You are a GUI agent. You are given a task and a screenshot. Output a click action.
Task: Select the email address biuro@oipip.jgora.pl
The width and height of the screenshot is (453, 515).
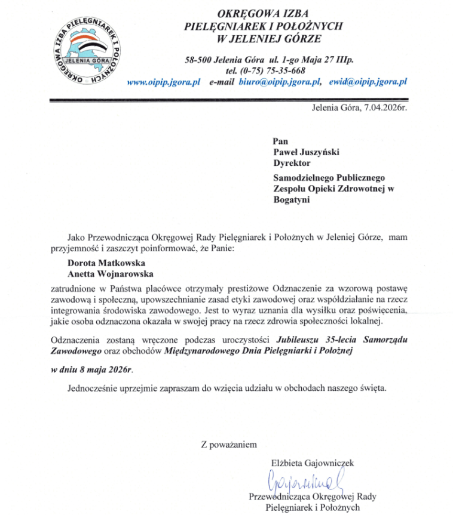[281, 82]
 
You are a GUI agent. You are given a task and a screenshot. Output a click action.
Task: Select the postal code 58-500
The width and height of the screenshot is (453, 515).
[201, 59]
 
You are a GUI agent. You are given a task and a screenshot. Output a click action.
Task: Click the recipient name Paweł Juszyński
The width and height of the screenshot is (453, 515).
[306, 152]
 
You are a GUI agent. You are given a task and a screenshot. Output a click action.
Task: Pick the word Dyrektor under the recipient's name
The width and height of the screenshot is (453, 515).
[292, 162]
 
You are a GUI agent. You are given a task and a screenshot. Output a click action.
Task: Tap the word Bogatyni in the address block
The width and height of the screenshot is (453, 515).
[292, 200]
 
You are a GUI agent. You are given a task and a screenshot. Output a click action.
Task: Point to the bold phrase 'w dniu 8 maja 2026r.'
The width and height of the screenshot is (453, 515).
[89, 369]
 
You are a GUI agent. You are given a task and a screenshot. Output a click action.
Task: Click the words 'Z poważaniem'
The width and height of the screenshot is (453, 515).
[229, 444]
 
